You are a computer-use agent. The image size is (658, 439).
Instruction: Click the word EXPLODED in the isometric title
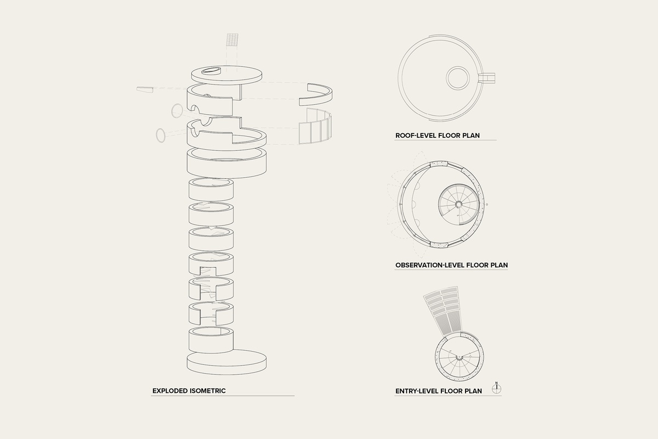[x=170, y=391]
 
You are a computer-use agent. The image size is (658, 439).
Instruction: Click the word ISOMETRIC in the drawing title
[x=208, y=391]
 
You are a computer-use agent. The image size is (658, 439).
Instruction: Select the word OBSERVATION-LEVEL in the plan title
[x=430, y=265]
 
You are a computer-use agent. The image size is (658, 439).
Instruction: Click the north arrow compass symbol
[x=496, y=389]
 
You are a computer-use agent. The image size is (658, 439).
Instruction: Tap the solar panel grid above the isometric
[x=232, y=40]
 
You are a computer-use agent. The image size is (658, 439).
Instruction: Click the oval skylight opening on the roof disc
[x=211, y=71]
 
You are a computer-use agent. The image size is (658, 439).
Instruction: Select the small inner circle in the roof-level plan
[x=458, y=78]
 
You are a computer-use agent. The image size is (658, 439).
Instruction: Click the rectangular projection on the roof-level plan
[x=487, y=78]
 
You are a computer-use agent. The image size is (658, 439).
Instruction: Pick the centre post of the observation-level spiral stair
[x=458, y=204]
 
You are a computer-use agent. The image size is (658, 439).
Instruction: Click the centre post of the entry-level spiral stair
[x=458, y=358]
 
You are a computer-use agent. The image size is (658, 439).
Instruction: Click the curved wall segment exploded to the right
[x=316, y=95]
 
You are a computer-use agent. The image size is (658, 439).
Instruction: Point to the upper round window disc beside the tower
[x=177, y=111]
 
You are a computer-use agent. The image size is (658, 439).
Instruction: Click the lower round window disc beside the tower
[x=160, y=135]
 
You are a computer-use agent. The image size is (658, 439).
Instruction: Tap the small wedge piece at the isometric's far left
[x=145, y=89]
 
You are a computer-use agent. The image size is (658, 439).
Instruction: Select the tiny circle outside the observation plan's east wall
[x=487, y=204]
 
